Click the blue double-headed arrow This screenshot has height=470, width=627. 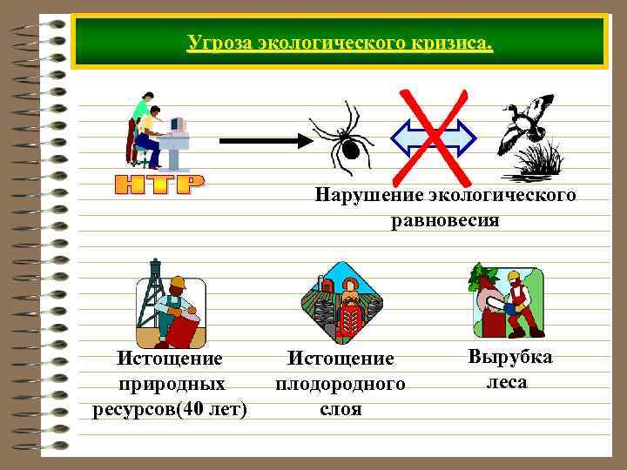pos(433,138)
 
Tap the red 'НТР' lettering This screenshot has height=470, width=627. pos(160,184)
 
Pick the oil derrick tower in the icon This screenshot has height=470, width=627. pos(156,283)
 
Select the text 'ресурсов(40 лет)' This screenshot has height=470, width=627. pos(170,409)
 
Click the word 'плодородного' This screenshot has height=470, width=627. pos(340,384)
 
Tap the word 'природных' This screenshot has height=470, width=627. pos(170,384)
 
